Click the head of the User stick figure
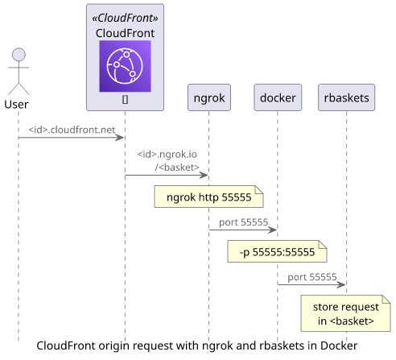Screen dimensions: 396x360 [x=19, y=55]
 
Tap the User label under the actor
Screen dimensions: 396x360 [x=16, y=104]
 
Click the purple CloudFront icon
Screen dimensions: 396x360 [x=125, y=66]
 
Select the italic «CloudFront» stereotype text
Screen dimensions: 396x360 [x=125, y=18]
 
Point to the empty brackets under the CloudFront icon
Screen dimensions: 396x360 [x=125, y=100]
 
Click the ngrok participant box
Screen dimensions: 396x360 [x=209, y=97]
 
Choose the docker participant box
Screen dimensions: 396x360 [x=278, y=97]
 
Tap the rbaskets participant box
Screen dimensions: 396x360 [x=346, y=97]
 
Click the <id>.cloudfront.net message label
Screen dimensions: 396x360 [x=72, y=130]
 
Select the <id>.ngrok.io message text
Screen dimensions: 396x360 [x=167, y=155]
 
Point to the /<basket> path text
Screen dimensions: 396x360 [x=177, y=168]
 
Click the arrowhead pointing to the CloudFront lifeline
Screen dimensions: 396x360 [x=120, y=138]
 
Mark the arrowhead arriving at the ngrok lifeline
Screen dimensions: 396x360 [x=204, y=176]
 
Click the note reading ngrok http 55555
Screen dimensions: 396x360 [x=208, y=197]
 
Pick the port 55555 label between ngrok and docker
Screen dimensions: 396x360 [x=243, y=222]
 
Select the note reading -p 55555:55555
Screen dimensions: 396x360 [x=277, y=251]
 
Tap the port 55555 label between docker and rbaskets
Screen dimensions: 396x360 [x=312, y=277]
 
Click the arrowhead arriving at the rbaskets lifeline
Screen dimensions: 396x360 [x=341, y=284]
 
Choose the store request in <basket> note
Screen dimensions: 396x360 [x=345, y=313]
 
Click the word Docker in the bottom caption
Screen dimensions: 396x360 [x=339, y=346]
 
